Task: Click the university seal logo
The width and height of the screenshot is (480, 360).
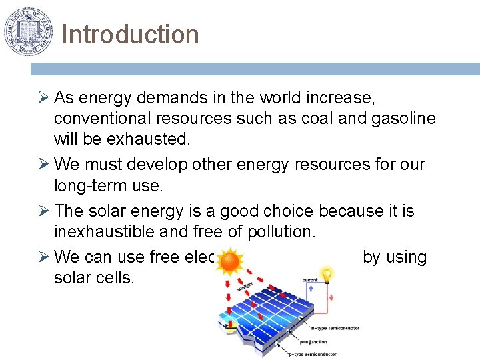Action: click(x=27, y=31)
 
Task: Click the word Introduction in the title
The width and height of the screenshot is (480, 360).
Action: click(x=130, y=35)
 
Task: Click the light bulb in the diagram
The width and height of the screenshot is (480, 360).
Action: click(x=327, y=275)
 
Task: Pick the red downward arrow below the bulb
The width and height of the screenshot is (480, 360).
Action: click(x=331, y=298)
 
